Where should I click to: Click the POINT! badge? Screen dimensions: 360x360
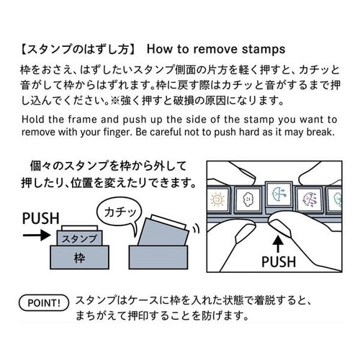pyautogui.click(x=44, y=302)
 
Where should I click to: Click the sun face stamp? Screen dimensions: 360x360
pyautogui.click(x=217, y=199)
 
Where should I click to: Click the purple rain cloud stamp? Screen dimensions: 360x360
pyautogui.click(x=310, y=199)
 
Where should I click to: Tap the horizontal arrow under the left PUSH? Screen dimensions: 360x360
pyautogui.click(x=37, y=235)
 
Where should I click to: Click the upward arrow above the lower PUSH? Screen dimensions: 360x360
pyautogui.click(x=278, y=244)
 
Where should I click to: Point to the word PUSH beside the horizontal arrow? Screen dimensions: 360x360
pyautogui.click(x=41, y=218)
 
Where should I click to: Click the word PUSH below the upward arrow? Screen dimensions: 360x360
pyautogui.click(x=279, y=261)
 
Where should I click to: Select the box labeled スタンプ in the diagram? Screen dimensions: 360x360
pyautogui.click(x=79, y=238)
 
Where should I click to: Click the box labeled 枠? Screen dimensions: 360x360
pyautogui.click(x=79, y=257)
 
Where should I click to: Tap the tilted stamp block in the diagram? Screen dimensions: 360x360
pyautogui.click(x=163, y=230)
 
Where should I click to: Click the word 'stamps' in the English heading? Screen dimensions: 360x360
pyautogui.click(x=264, y=49)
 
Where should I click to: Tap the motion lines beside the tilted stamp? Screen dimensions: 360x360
pyautogui.click(x=197, y=228)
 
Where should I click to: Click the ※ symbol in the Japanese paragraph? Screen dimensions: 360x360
pyautogui.click(x=114, y=101)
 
